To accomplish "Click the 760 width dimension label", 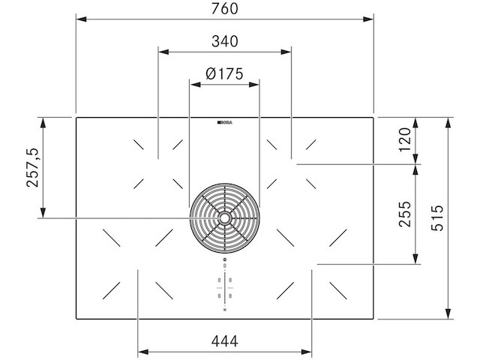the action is pyautogui.click(x=224, y=8).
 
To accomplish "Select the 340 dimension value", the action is pyautogui.click(x=225, y=41).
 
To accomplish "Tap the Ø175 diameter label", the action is pyautogui.click(x=224, y=73).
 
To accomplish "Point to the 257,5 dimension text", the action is pyautogui.click(x=33, y=167).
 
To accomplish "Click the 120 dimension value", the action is pyautogui.click(x=405, y=139).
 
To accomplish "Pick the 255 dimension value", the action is pyautogui.click(x=405, y=214).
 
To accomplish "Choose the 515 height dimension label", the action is pyautogui.click(x=437, y=218).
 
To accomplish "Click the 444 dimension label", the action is pyautogui.click(x=225, y=341).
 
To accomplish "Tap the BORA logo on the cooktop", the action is pyautogui.click(x=225, y=122).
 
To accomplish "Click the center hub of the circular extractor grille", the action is pyautogui.click(x=225, y=218).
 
